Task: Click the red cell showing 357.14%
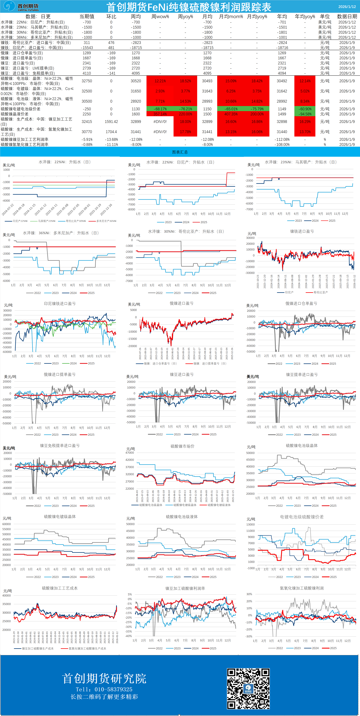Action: (x=160, y=114)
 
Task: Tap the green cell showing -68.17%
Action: (x=160, y=109)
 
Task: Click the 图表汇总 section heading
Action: (x=180, y=152)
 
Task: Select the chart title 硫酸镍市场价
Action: (x=182, y=446)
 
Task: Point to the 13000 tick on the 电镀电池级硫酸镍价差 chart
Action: (x=251, y=525)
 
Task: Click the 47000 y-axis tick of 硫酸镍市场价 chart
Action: (x=130, y=453)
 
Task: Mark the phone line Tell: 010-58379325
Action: (x=104, y=689)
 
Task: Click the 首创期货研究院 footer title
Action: (x=104, y=679)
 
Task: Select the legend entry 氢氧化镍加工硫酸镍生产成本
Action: (x=87, y=648)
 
